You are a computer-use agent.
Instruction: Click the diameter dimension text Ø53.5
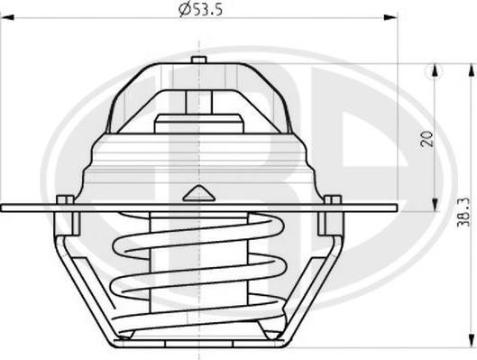click(201, 9)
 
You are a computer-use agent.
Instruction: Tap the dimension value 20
click(427, 138)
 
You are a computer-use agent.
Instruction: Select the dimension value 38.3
click(464, 212)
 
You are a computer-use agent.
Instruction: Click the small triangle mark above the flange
click(199, 193)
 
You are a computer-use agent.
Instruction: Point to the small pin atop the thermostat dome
click(199, 60)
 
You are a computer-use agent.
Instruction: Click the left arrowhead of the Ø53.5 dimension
click(7, 17)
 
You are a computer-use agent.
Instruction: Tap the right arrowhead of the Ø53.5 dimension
click(390, 17)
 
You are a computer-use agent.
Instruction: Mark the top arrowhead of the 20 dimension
click(436, 70)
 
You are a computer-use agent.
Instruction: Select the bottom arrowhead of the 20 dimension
click(436, 205)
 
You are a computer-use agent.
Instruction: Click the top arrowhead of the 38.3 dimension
click(472, 70)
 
